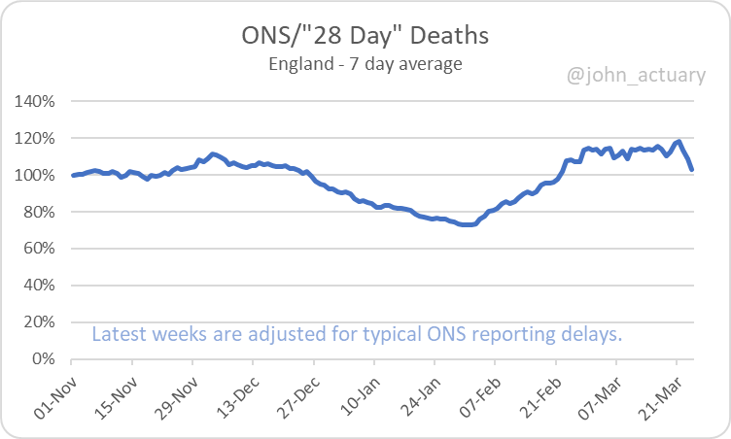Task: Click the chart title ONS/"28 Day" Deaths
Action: [x=365, y=37]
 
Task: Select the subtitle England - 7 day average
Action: [x=365, y=65]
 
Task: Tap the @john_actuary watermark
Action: [x=637, y=74]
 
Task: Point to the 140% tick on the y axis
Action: [x=36, y=101]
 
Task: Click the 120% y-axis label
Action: [x=36, y=138]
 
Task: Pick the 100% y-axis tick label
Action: [x=36, y=175]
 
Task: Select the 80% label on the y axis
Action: [x=40, y=212]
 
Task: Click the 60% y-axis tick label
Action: [x=40, y=249]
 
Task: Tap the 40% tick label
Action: [x=40, y=286]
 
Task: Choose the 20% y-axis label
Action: [x=40, y=321]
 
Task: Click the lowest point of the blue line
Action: [x=468, y=224]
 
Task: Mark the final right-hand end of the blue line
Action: [x=691, y=170]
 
